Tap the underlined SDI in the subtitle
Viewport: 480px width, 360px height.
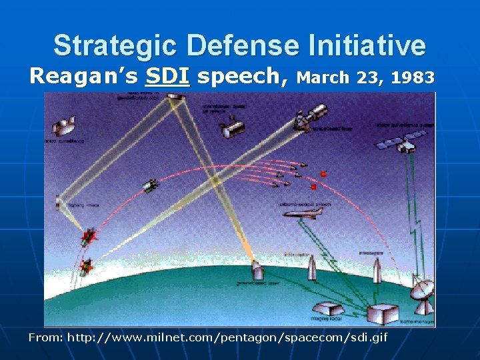coord(167,77)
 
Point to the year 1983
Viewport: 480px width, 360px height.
coord(413,77)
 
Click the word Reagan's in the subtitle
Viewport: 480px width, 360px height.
coord(83,77)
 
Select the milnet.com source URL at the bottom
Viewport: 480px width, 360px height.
coord(226,337)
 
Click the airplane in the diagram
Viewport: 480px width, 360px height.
coord(303,213)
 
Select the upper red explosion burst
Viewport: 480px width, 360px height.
coord(89,236)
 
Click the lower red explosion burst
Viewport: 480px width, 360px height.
coord(85,267)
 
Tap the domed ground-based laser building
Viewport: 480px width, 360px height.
coord(257,270)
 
